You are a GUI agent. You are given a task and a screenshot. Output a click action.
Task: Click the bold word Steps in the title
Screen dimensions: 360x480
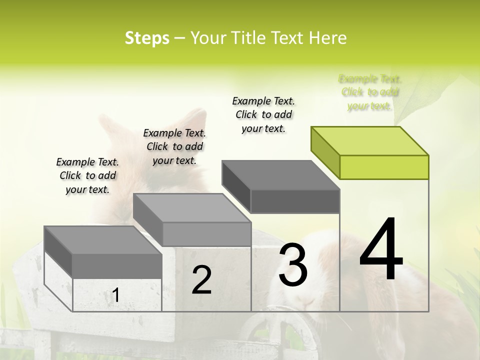pyautogui.click(x=147, y=38)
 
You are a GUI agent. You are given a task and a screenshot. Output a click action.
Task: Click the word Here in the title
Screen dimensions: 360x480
pyautogui.click(x=328, y=38)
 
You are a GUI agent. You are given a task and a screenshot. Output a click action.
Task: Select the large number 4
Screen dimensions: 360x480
pyautogui.click(x=381, y=250)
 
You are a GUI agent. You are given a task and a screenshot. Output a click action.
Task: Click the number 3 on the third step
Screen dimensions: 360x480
pyautogui.click(x=293, y=265)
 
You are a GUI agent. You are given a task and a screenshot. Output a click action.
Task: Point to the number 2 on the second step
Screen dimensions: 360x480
pyautogui.click(x=201, y=280)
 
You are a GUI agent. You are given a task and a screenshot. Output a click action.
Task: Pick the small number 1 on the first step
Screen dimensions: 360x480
pyautogui.click(x=115, y=295)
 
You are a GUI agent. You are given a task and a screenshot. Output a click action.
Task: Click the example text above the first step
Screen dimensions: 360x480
pyautogui.click(x=87, y=175)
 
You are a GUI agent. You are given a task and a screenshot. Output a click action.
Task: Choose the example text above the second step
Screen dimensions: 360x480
pyautogui.click(x=174, y=146)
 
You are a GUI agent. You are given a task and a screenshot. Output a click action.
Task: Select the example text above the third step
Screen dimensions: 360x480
pyautogui.click(x=263, y=114)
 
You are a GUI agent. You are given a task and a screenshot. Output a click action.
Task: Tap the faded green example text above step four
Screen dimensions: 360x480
pyautogui.click(x=370, y=92)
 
